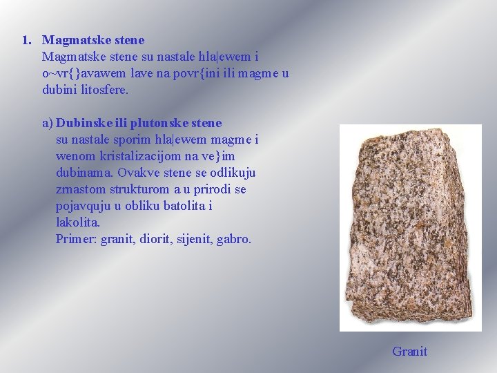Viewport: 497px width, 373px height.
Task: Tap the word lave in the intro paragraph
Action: pyautogui.click(x=141, y=74)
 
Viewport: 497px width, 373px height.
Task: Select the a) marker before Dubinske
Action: pyautogui.click(x=47, y=123)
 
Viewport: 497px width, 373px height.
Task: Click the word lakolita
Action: pyautogui.click(x=77, y=222)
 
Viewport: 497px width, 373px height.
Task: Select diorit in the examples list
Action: pyautogui.click(x=153, y=240)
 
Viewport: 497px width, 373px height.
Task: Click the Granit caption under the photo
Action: pyautogui.click(x=409, y=352)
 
